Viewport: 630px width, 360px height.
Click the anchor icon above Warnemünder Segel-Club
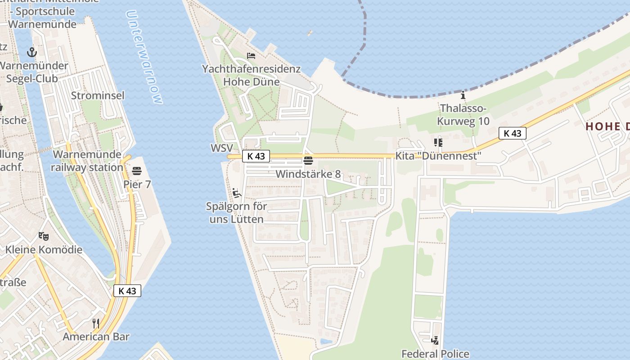click(31, 52)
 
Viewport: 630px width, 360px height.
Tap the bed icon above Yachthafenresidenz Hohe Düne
click(251, 56)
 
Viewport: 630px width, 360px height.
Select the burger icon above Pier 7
click(137, 171)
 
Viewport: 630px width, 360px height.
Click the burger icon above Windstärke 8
click(308, 161)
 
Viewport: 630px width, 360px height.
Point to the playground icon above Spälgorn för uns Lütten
click(237, 193)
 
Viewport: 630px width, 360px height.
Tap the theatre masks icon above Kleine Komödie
click(44, 236)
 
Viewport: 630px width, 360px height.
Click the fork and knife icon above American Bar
click(96, 323)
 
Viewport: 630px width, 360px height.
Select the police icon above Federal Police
click(435, 341)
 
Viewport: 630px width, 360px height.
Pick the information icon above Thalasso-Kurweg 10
click(463, 95)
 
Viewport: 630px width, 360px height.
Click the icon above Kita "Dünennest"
click(438, 143)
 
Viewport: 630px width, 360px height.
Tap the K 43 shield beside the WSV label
click(256, 156)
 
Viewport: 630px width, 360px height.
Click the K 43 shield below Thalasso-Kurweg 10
click(513, 133)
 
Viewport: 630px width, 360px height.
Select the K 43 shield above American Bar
click(127, 291)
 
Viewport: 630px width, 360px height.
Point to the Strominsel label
click(98, 95)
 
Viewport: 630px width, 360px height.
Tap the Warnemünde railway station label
click(87, 161)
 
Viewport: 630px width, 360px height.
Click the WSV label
click(221, 148)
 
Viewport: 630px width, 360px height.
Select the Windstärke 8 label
click(308, 174)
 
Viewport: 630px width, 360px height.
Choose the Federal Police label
click(435, 354)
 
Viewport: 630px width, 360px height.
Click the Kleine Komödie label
click(44, 250)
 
